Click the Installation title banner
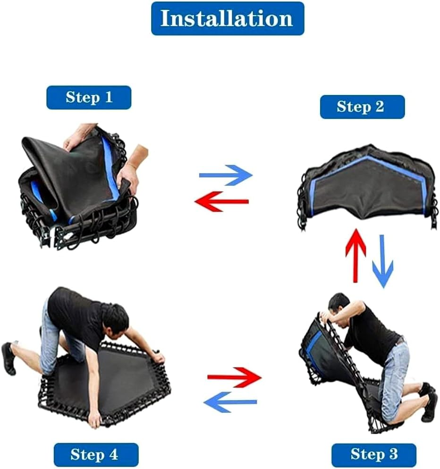tap(228, 18)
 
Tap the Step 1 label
tap(89, 97)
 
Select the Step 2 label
tap(362, 107)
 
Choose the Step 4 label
tap(96, 455)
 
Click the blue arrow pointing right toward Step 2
tap(226, 175)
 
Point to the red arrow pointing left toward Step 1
tap(221, 202)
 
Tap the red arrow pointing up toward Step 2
tap(355, 256)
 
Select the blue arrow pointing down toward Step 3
tap(382, 261)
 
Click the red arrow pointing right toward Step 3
tap(234, 377)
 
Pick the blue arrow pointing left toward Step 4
tap(230, 402)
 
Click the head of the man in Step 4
tap(115, 320)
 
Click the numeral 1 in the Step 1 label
tap(108, 97)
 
